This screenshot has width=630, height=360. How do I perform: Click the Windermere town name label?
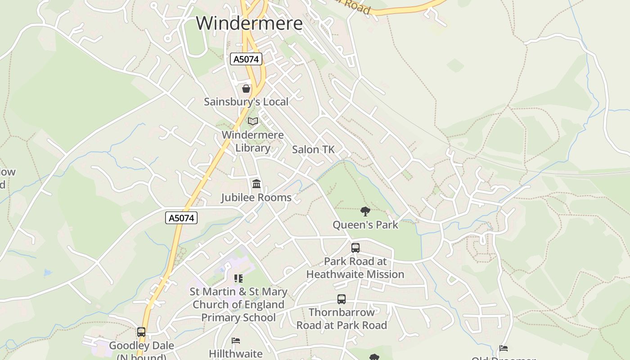249,23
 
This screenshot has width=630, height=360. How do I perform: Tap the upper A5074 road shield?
246,59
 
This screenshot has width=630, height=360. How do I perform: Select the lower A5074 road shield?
182,218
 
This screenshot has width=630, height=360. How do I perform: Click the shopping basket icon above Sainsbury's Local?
246,89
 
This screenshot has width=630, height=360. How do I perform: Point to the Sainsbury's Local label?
246,102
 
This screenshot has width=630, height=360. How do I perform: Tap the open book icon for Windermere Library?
253,121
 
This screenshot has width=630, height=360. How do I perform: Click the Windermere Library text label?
253,141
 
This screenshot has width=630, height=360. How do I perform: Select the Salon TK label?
313,150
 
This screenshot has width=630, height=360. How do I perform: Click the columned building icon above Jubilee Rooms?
256,184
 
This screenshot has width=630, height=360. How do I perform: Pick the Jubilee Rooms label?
256,198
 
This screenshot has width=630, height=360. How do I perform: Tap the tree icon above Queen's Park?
365,211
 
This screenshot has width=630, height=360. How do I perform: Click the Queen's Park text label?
365,225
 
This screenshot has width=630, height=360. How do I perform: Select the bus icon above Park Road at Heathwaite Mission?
355,247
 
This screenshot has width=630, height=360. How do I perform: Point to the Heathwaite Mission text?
355,274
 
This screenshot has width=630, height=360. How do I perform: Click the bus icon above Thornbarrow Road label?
342,299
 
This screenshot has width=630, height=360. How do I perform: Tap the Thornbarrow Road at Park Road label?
342,319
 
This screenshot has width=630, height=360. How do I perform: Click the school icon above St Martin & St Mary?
238,279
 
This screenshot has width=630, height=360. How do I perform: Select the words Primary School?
238,318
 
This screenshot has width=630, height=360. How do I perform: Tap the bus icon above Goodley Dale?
141,332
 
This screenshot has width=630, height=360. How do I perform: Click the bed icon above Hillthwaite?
236,341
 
